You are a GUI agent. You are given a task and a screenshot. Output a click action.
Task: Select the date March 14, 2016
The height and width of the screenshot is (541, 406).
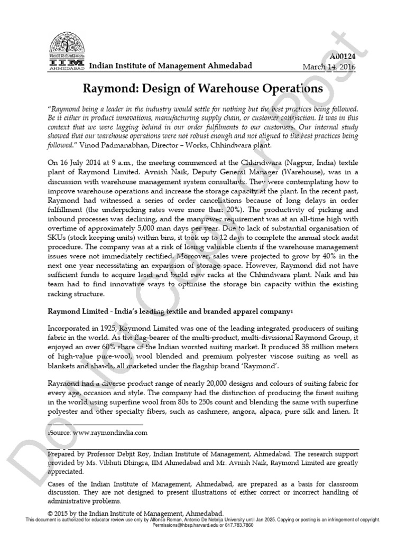coord(329,67)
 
